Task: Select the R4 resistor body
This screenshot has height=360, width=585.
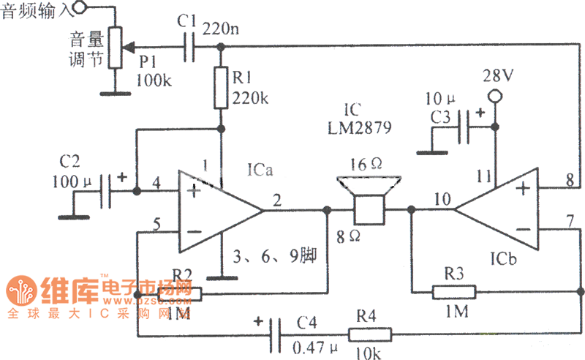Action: coord(369,335)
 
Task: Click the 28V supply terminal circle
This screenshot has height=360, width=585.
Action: coord(494,95)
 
